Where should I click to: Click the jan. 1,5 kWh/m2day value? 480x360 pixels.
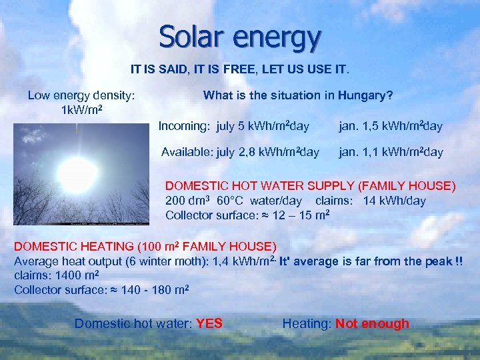tap(391, 126)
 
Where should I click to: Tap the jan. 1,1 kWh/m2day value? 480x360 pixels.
tap(391, 152)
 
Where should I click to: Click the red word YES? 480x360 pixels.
tap(209, 324)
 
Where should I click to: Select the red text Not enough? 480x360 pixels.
tap(372, 324)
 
